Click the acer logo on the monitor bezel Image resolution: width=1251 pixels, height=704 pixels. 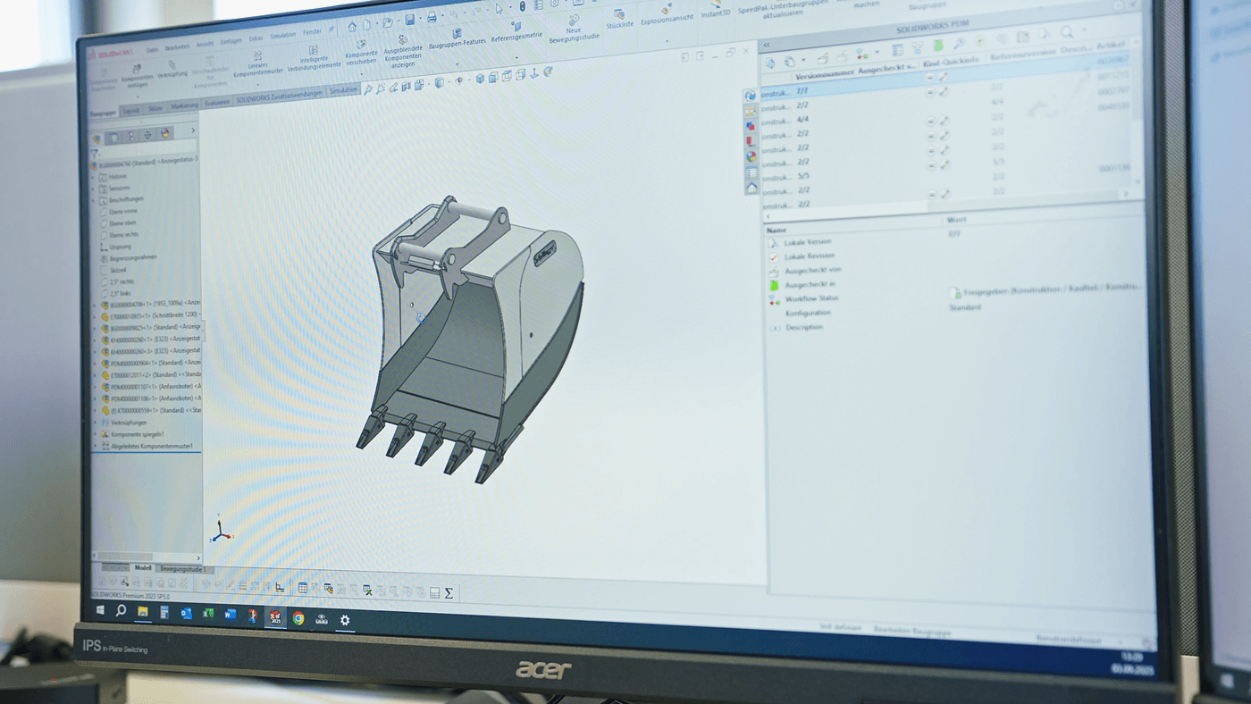(542, 669)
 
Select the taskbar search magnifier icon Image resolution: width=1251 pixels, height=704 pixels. (121, 610)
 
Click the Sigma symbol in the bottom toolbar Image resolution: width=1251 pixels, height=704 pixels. (449, 592)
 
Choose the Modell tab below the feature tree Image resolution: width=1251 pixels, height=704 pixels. (142, 567)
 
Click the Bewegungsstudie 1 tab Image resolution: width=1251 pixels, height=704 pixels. (182, 568)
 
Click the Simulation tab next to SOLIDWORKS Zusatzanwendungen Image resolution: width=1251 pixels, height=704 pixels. (343, 90)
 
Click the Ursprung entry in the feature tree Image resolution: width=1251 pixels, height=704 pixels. (120, 247)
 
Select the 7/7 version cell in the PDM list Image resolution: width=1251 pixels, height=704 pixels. (802, 91)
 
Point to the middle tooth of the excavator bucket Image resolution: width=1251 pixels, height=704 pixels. (430, 441)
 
